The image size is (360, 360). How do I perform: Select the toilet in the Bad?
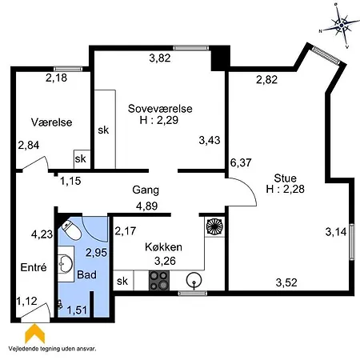click(x=71, y=230)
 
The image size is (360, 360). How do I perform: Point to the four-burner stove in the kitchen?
click(x=158, y=281)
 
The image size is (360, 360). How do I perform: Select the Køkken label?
click(x=165, y=247)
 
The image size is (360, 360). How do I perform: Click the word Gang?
click(x=146, y=191)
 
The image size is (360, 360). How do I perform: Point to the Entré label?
click(x=31, y=267)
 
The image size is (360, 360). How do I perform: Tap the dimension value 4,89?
click(x=146, y=206)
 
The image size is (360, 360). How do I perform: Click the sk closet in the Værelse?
click(x=81, y=158)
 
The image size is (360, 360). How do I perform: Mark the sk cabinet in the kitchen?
click(x=122, y=281)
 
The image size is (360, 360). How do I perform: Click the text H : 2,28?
click(x=284, y=190)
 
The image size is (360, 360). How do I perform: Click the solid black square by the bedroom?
click(x=219, y=59)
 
